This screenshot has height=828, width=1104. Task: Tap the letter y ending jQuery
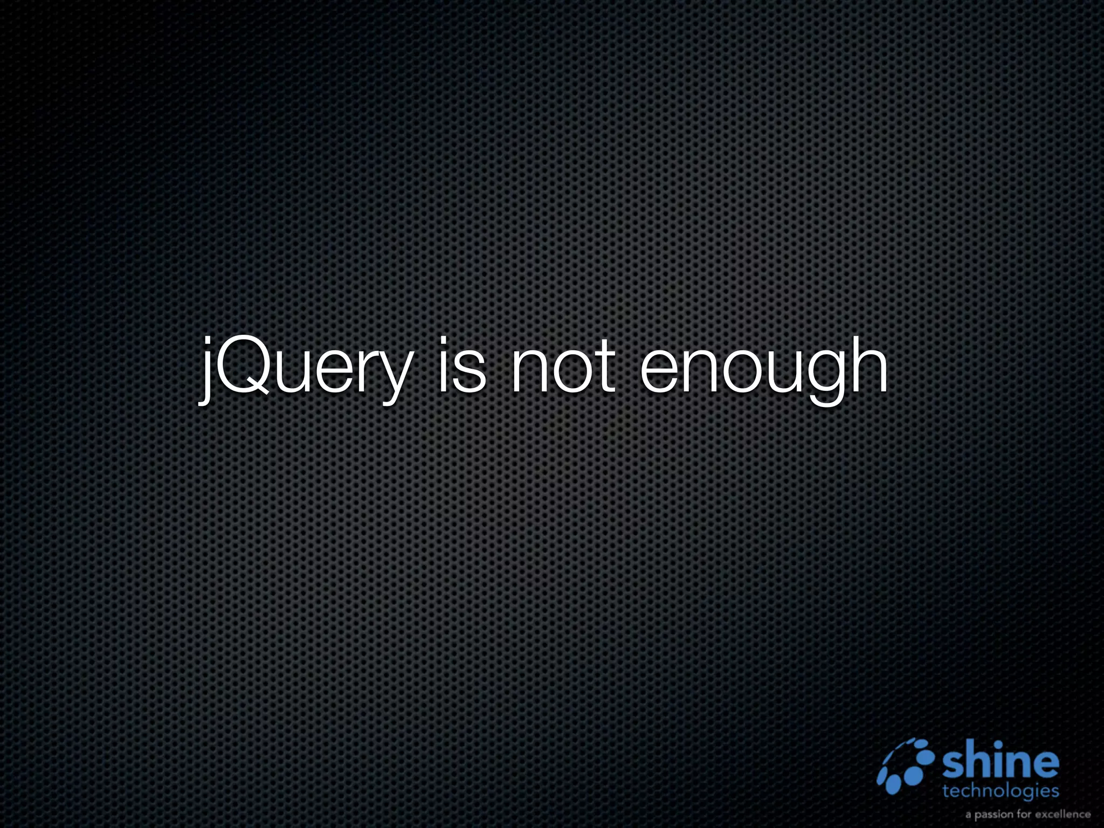391,377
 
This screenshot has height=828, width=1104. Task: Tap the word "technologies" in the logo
1000,791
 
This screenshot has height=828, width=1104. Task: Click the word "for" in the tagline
1023,814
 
